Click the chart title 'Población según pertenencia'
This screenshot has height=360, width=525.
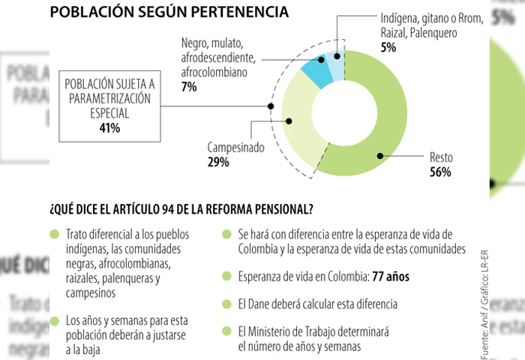pos(168,12)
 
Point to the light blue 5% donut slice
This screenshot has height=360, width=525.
pos(337,64)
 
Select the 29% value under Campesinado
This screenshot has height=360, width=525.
pos(218,162)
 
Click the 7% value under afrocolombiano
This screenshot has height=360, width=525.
pos(188,87)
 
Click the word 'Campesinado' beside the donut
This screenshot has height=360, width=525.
pos(235,148)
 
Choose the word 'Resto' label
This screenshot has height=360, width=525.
pos(440,158)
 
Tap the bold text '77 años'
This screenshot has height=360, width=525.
pos(391,277)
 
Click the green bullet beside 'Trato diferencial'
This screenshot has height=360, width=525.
pos(53,234)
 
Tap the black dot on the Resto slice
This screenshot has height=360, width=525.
pos(380,155)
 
